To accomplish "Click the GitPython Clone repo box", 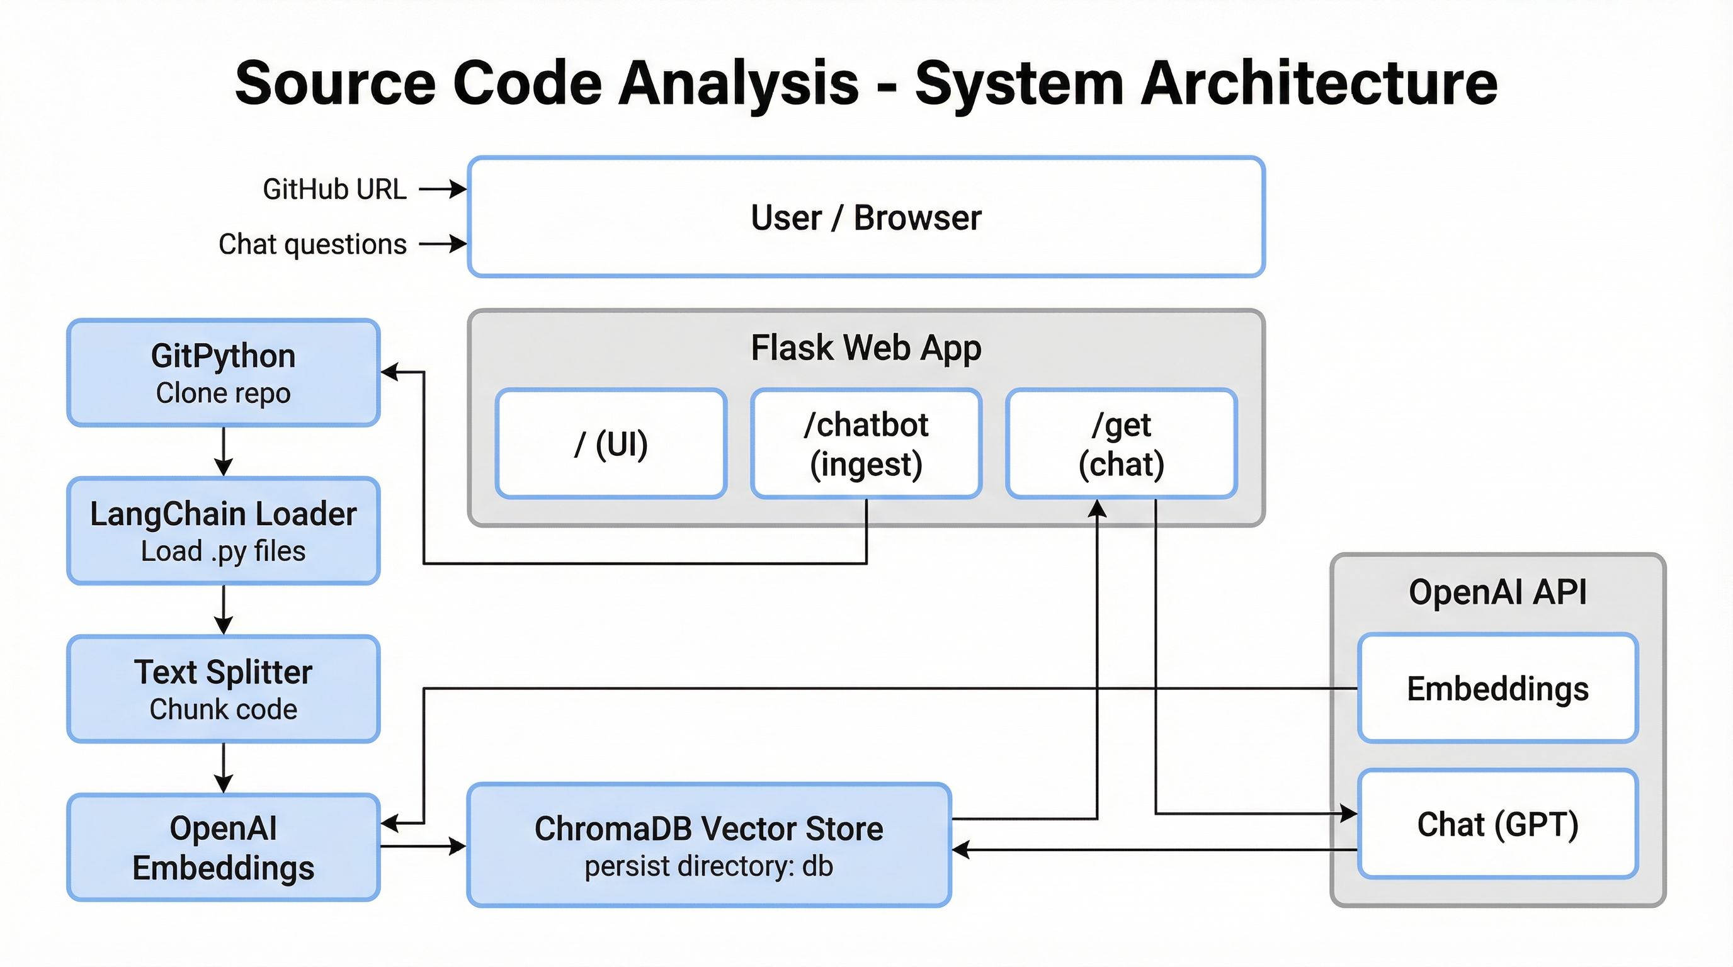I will tap(224, 373).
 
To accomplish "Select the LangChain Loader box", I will tap(224, 531).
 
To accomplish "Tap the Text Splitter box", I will tap(224, 689).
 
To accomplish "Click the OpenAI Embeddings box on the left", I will tap(224, 847).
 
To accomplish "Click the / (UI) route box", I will tap(611, 444).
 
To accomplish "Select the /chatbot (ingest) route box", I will tap(866, 444).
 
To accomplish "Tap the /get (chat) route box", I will tap(1121, 444).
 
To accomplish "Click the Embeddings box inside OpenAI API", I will tap(1497, 689).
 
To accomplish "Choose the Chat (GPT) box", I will tap(1497, 825).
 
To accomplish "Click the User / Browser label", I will tap(866, 218).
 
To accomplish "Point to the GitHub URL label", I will tap(334, 189).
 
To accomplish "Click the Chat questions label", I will tap(312, 244).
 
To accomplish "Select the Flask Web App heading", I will tap(866, 348).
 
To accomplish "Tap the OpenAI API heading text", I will tap(1497, 592).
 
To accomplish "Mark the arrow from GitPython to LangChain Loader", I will tap(224, 452).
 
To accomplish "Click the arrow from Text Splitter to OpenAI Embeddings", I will tap(224, 768).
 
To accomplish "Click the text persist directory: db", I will tap(708, 866).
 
